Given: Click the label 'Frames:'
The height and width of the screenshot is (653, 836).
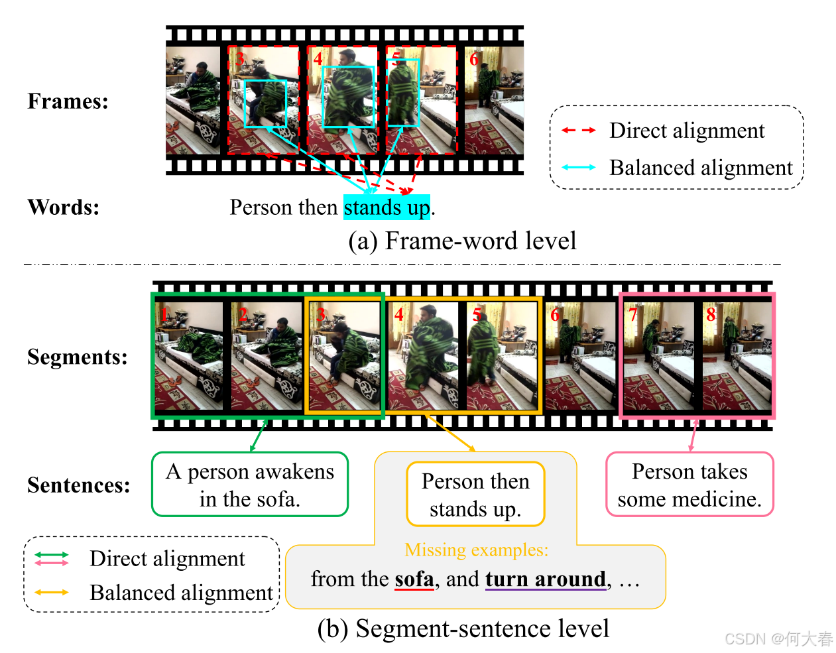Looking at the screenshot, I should coord(68,101).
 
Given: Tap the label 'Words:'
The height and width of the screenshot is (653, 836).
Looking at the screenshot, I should coord(63,208).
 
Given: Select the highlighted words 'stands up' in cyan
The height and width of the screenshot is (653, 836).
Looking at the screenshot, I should coord(387,208).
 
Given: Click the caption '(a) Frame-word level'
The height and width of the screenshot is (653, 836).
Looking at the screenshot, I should coord(462,241).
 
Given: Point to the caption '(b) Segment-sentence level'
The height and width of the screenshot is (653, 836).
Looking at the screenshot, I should coord(463,628).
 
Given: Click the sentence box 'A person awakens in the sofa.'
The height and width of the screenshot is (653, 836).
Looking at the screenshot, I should coord(250,485).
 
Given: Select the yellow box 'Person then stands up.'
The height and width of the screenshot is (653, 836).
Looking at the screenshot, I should coord(475,495).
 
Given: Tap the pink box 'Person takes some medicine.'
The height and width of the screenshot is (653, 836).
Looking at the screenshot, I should coord(689,485).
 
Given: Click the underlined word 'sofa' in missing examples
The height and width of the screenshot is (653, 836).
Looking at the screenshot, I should coord(414,579).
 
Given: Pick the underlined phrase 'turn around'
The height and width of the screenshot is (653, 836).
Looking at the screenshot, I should coord(546,579).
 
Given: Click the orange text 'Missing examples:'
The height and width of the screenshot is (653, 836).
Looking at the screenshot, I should coord(476,550).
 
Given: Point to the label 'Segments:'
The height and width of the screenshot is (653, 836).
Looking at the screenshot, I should coord(77,357).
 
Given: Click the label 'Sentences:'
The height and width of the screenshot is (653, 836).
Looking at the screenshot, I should coord(78,485).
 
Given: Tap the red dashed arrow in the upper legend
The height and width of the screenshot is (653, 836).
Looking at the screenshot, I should coord(578,131).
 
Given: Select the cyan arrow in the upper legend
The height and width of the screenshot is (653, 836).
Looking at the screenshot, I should coord(578,168).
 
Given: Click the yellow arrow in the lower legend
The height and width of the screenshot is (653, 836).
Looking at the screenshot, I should coord(52,592).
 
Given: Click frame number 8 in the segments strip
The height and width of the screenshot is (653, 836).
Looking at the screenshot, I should coord(711,314).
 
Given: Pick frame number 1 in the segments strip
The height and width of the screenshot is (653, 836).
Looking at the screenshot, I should coord(163,314).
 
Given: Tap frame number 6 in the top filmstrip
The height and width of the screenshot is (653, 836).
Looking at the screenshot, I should coord(474,60).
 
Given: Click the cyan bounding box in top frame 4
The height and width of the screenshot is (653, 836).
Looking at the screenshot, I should coord(348,96).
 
